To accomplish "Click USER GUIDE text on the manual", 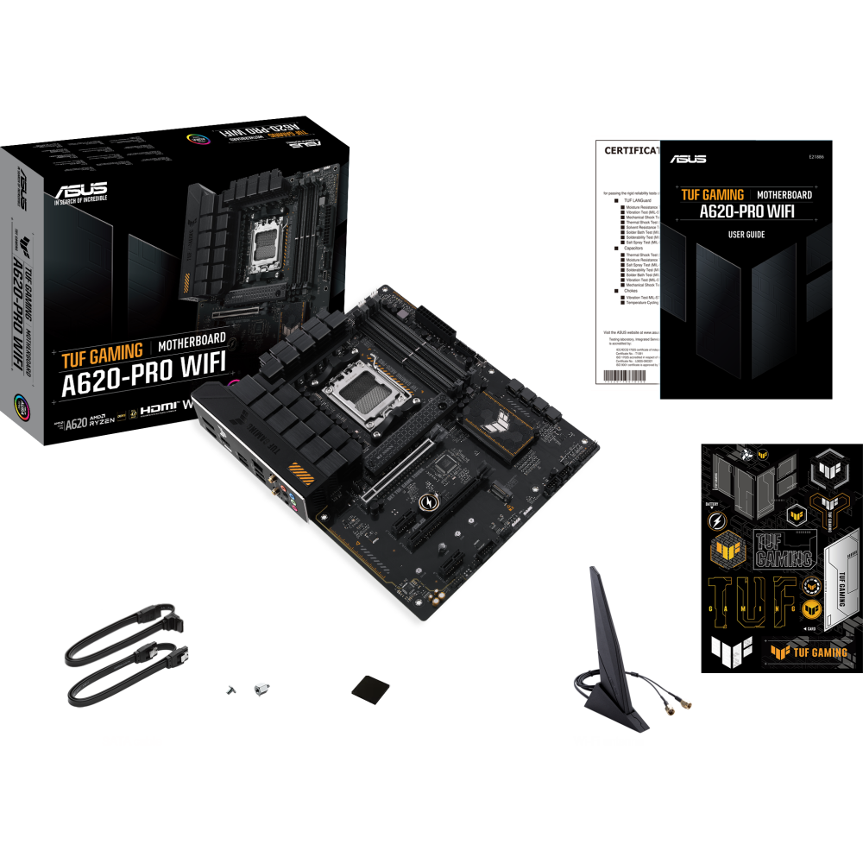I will (746, 235).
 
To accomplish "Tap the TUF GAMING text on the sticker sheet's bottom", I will (809, 652).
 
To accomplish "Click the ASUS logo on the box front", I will (80, 191).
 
